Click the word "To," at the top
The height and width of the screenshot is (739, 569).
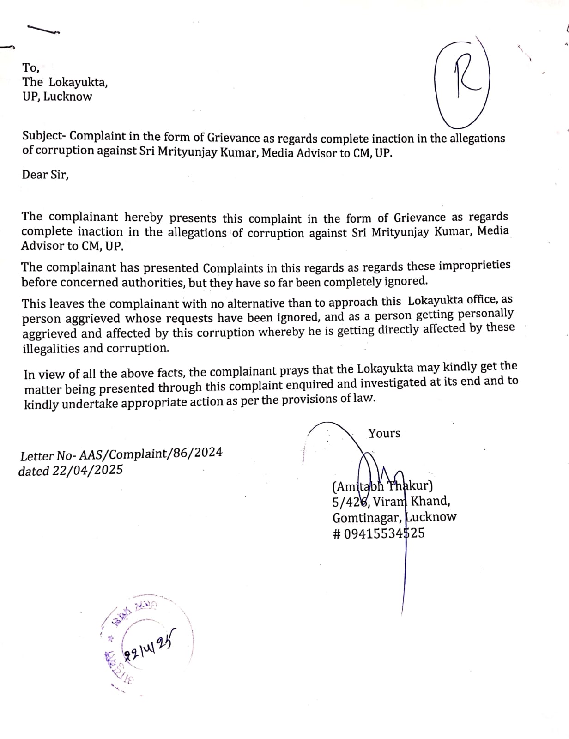(x=30, y=68)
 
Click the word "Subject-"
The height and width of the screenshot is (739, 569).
(x=44, y=136)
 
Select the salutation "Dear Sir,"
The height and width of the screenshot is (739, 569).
(x=45, y=175)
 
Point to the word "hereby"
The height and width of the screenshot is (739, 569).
(x=143, y=217)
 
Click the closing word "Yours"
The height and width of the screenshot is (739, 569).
(x=384, y=433)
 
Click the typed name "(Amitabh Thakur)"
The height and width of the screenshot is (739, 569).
(x=382, y=486)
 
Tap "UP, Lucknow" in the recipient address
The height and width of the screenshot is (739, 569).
(x=57, y=97)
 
